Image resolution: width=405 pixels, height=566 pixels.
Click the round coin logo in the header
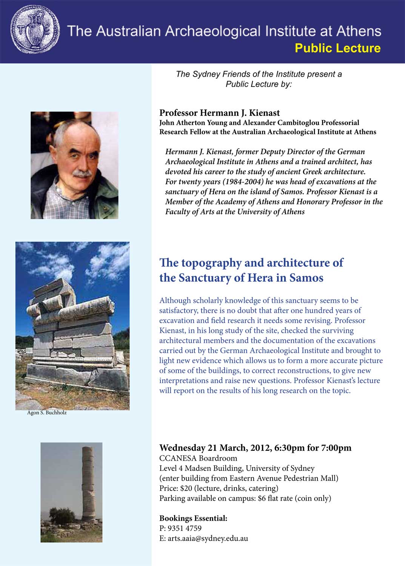[x=35, y=29]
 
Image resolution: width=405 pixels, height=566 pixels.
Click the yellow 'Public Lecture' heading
[x=337, y=48]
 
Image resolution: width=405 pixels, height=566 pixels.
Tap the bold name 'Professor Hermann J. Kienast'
[x=219, y=113]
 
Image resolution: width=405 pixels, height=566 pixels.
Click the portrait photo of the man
[x=74, y=165]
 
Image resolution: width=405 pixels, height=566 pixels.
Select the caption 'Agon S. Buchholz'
[x=47, y=413]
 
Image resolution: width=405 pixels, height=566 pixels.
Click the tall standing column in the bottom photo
[x=88, y=487]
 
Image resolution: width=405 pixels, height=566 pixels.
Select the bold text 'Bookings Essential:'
[x=193, y=518]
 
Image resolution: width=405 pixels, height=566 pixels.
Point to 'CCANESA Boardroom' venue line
[x=198, y=458]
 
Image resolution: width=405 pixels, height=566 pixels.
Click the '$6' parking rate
[x=262, y=498]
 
